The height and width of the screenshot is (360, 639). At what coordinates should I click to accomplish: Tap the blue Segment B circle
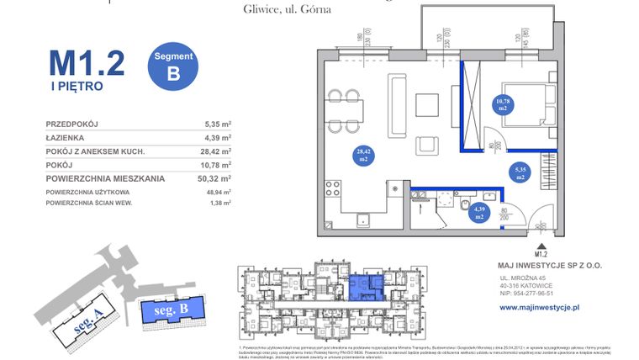173,66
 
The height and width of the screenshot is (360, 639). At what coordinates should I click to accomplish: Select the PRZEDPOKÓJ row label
72,124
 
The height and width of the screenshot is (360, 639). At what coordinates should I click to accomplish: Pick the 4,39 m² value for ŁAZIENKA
218,138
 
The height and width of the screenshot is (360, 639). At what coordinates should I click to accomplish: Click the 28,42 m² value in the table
218,151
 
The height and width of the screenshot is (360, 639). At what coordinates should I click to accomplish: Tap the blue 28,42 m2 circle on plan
364,154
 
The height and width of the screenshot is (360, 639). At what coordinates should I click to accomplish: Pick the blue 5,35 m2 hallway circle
521,173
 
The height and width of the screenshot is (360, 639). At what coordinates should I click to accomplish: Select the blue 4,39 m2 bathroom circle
479,213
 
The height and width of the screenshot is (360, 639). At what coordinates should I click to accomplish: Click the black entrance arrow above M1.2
539,241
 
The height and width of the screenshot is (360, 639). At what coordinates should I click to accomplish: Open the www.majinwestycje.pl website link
540,308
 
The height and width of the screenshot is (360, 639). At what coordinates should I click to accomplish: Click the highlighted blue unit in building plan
364,287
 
